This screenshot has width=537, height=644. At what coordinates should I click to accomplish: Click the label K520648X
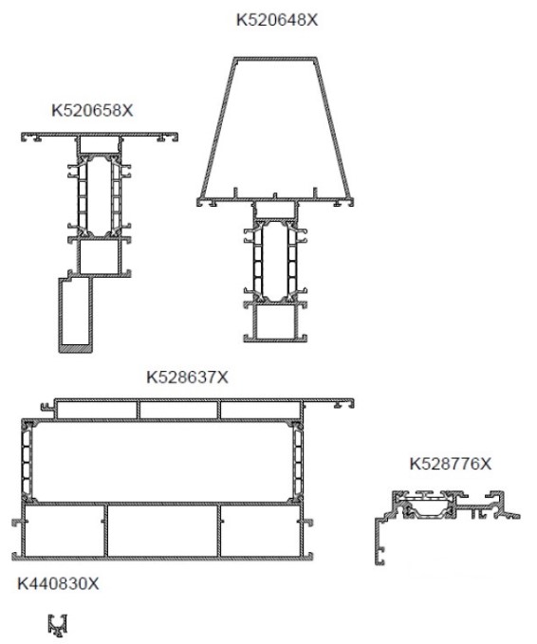tap(277, 20)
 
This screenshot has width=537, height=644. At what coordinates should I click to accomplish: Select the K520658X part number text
tap(92, 110)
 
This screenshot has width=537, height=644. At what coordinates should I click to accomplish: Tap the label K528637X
tap(187, 377)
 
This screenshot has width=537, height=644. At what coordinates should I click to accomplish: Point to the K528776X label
tap(451, 464)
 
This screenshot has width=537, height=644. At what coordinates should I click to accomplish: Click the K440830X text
tap(58, 583)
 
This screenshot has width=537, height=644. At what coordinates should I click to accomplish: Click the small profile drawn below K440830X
tap(58, 626)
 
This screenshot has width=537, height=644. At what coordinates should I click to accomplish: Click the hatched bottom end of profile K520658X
tap(76, 349)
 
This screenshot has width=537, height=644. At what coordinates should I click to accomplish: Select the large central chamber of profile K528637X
tap(162, 462)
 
